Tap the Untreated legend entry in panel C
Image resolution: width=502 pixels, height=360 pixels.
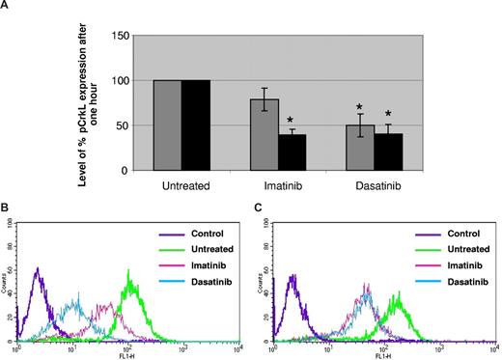[x=459, y=248]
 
